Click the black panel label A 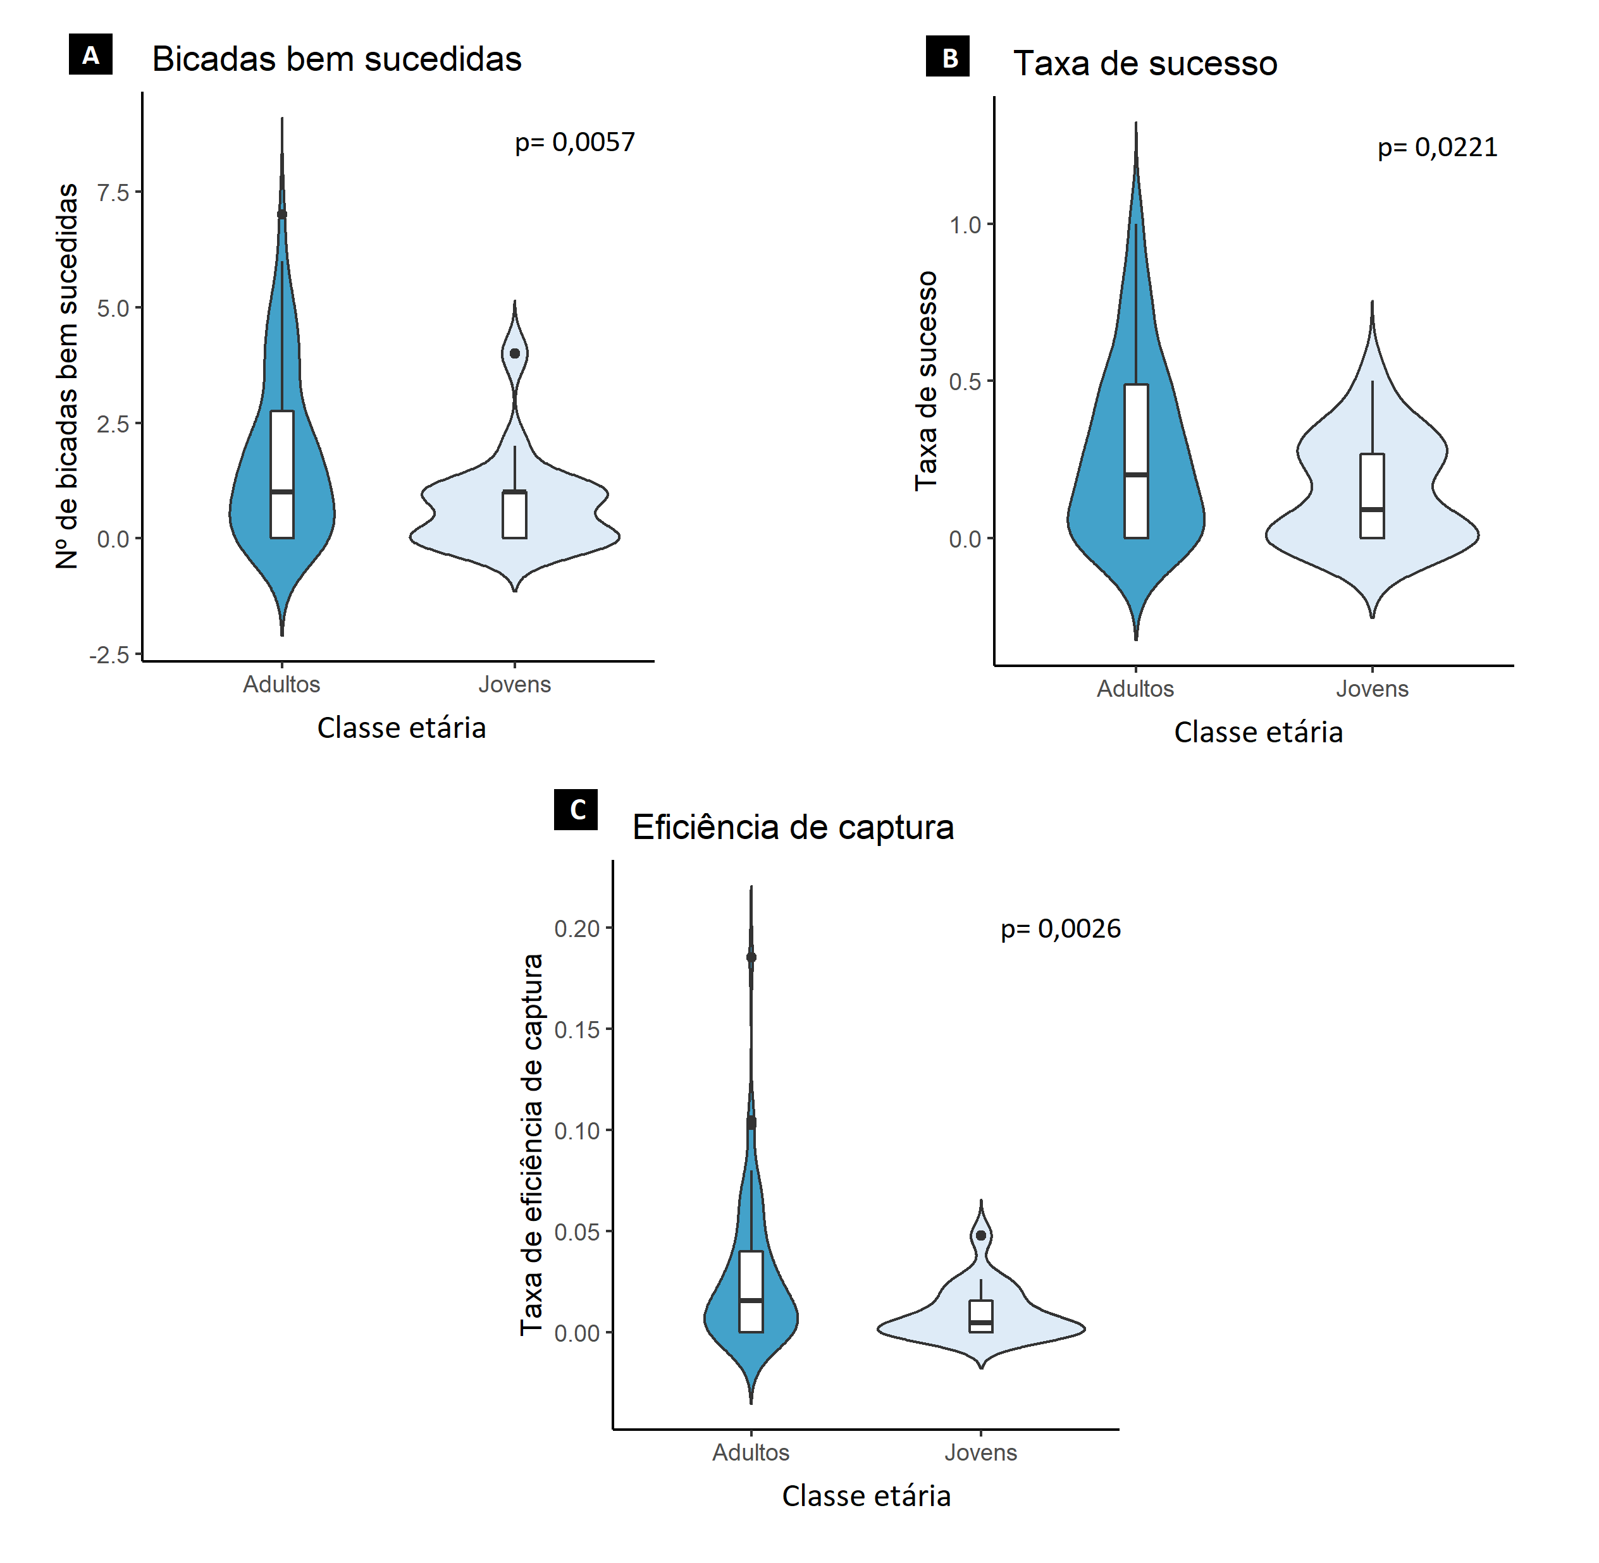[x=90, y=54]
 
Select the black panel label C [x=576, y=809]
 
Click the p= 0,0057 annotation [x=574, y=142]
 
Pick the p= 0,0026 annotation [x=1059, y=928]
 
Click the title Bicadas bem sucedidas [x=336, y=59]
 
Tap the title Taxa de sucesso [x=1144, y=63]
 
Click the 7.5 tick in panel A [x=113, y=192]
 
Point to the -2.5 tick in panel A [x=110, y=654]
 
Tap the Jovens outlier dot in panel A [x=515, y=353]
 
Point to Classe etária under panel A [x=402, y=728]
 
